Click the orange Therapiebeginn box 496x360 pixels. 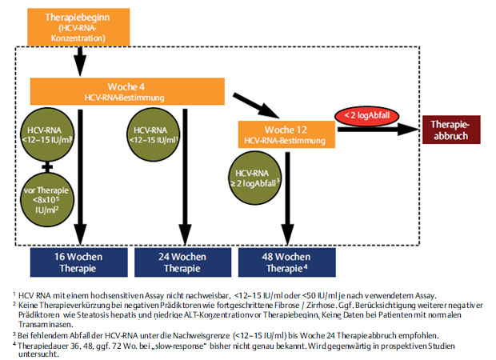pyautogui.click(x=78, y=27)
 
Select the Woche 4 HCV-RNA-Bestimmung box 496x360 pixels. pyautogui.click(x=127, y=91)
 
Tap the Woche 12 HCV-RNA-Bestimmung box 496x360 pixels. pyautogui.click(x=286, y=134)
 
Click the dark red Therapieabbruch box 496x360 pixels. pyautogui.click(x=451, y=130)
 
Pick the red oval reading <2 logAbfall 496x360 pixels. pyautogui.click(x=366, y=115)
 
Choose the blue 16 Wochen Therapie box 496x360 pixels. pyautogui.click(x=78, y=262)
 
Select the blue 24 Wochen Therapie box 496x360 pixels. pyautogui.click(x=183, y=262)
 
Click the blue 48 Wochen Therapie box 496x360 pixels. pyautogui.click(x=287, y=262)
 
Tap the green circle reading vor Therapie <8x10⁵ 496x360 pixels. pyautogui.click(x=47, y=200)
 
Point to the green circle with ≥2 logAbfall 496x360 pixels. pyautogui.click(x=255, y=178)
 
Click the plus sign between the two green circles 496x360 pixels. pyautogui.click(x=47, y=166)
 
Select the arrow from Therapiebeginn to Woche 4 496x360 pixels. pyautogui.click(x=80, y=62)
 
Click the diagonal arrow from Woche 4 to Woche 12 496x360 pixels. pyautogui.click(x=256, y=106)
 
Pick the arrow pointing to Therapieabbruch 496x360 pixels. pyautogui.click(x=378, y=129)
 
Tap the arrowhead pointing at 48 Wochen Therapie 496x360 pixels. pyautogui.click(x=287, y=235)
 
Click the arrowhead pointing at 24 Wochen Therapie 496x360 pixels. pyautogui.click(x=185, y=235)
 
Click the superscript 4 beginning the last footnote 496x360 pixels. pyautogui.click(x=14, y=343)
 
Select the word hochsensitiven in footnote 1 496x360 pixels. pyautogui.click(x=117, y=296)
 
